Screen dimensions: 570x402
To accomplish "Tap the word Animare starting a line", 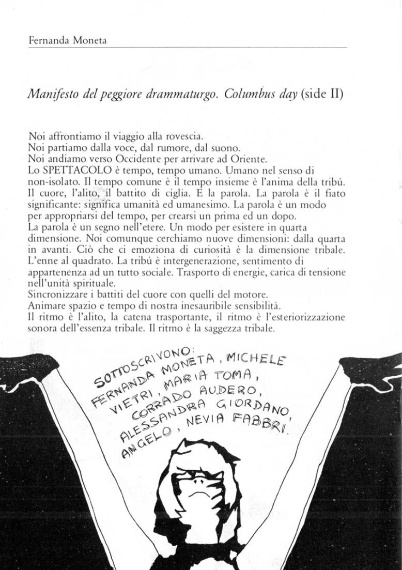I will point(45,305).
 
